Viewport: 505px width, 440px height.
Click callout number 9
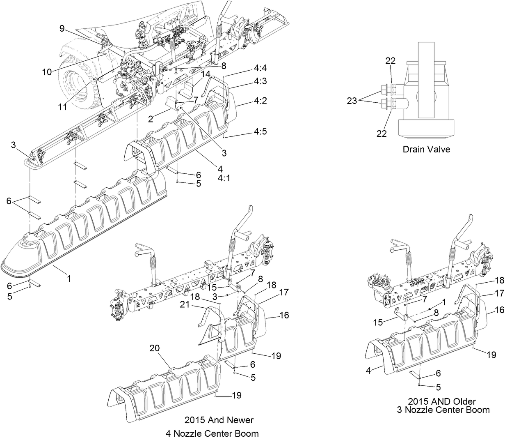pyautogui.click(x=62, y=29)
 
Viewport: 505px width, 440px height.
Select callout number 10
pyautogui.click(x=47, y=71)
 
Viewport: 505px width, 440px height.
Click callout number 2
pyautogui.click(x=151, y=119)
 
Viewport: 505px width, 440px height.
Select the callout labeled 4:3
pyautogui.click(x=260, y=81)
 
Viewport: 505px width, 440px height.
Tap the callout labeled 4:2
pyautogui.click(x=260, y=100)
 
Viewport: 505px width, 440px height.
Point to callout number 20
pyautogui.click(x=154, y=348)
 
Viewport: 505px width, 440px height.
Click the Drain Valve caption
pyautogui.click(x=426, y=149)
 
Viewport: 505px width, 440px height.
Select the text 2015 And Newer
pyautogui.click(x=219, y=420)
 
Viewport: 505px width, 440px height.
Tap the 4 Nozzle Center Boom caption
pyautogui.click(x=212, y=433)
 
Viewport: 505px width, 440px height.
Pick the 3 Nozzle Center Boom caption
pyautogui.click(x=443, y=410)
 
